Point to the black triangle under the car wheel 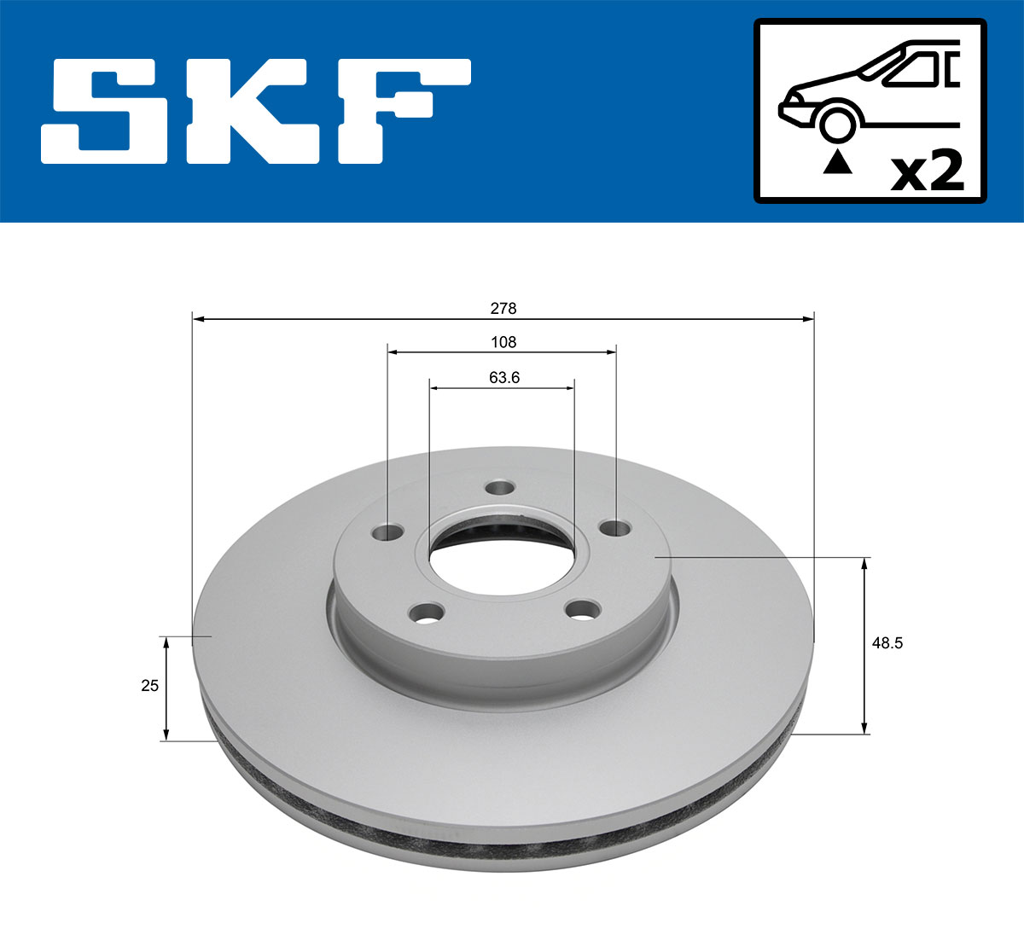tap(837, 161)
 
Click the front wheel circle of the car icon tap(837, 123)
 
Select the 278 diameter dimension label tap(503, 308)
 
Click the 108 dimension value tap(503, 342)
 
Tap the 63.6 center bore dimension tap(504, 377)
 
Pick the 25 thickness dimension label tap(150, 685)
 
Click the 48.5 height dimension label tap(887, 643)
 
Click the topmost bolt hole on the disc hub tap(499, 488)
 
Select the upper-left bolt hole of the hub tap(388, 532)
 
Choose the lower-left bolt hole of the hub tap(427, 612)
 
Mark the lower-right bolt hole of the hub tap(585, 610)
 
